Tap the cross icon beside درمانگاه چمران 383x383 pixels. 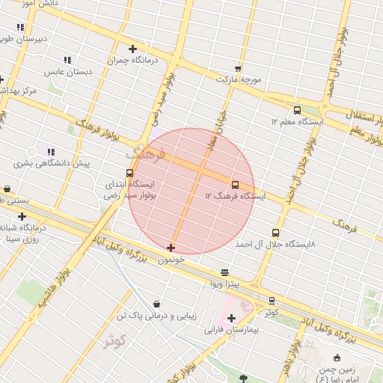click(132, 49)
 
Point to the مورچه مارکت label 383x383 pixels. click(239, 79)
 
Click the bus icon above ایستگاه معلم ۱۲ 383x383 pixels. click(298, 110)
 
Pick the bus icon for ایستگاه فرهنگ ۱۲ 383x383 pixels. click(236, 185)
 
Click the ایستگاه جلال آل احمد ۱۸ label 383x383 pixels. click(275, 245)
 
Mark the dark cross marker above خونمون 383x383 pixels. click(171, 248)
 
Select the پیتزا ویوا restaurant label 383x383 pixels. click(224, 284)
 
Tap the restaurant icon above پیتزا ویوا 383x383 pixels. click(225, 273)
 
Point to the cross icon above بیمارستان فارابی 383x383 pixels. click(231, 319)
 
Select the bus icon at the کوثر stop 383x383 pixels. click(272, 301)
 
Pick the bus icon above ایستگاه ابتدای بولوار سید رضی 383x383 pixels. click(130, 174)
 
